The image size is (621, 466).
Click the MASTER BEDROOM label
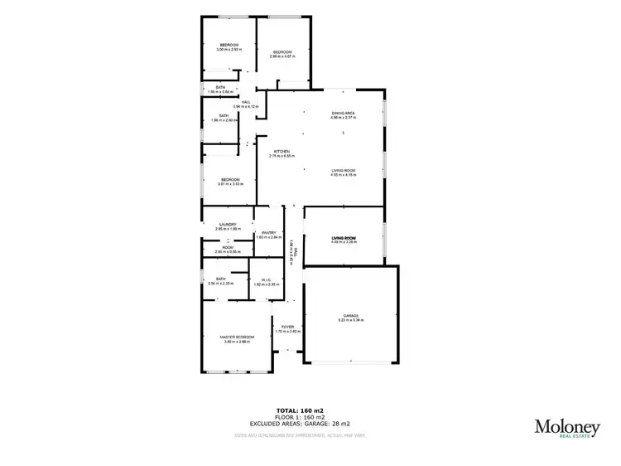(x=237, y=337)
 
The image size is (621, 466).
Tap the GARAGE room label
(x=351, y=315)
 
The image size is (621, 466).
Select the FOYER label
(x=287, y=327)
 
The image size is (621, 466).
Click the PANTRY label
(x=269, y=233)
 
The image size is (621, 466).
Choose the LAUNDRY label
(x=229, y=224)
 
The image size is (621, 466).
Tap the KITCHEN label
(x=282, y=151)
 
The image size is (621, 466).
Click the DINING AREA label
(x=343, y=113)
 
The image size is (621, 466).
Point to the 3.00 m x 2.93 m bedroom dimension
(x=229, y=50)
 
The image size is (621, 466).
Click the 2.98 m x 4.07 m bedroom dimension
(x=282, y=56)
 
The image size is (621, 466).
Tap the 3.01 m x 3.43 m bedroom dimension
(x=229, y=184)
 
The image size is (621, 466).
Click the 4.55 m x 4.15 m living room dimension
(x=343, y=175)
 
